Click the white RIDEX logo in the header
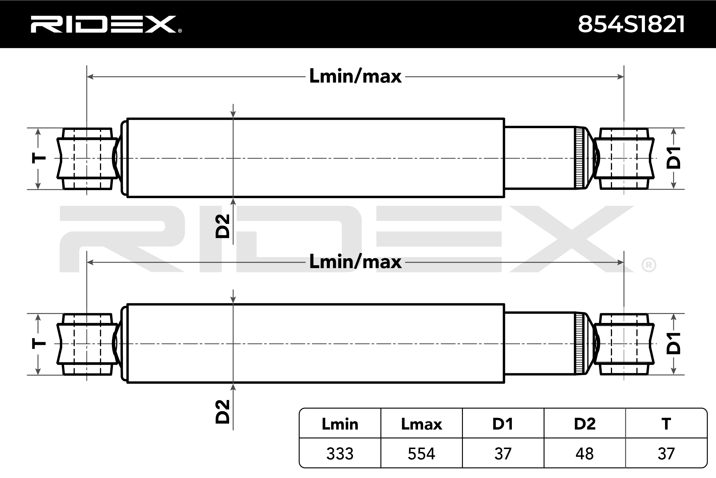point(106,24)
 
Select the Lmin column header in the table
point(340,424)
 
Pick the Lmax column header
point(422,424)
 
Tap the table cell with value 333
point(340,454)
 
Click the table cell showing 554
point(422,454)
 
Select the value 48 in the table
point(585,454)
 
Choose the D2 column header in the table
point(585,424)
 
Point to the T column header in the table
point(666,424)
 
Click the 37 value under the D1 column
point(503,454)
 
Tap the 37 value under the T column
point(666,454)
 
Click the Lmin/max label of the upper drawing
point(355,76)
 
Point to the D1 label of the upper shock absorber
point(673,158)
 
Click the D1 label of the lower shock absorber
point(673,343)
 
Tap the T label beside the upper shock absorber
point(39,158)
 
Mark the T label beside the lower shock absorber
point(39,344)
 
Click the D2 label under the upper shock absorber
point(222,226)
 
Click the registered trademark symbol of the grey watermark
point(649,265)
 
